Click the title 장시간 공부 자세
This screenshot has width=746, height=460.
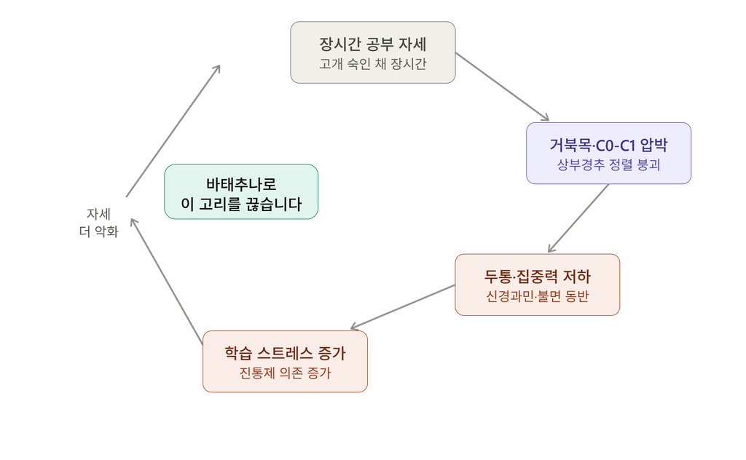pyautogui.click(x=372, y=44)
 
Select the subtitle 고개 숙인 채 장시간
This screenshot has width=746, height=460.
pyautogui.click(x=372, y=63)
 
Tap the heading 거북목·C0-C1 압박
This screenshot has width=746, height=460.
pyautogui.click(x=608, y=145)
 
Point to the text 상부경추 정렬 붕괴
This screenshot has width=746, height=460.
pyautogui.click(x=608, y=165)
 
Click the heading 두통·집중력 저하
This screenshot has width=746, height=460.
pyautogui.click(x=537, y=276)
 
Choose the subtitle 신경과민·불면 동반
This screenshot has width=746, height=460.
pyautogui.click(x=537, y=296)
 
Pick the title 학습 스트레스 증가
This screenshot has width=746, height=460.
pyautogui.click(x=285, y=353)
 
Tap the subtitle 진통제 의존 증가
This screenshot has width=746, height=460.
pyautogui.click(x=285, y=373)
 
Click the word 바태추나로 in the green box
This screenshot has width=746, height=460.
pyautogui.click(x=241, y=184)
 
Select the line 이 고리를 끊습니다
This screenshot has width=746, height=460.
pyautogui.click(x=241, y=205)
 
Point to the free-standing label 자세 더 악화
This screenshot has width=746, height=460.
pyautogui.click(x=98, y=223)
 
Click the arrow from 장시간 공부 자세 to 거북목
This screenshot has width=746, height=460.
pyautogui.click(x=503, y=87)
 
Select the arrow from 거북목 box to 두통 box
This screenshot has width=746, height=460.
pyautogui.click(x=578, y=218)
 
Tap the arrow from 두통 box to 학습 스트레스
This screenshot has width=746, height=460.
pyautogui.click(x=402, y=307)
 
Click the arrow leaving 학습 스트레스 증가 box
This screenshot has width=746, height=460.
pyautogui.click(x=167, y=281)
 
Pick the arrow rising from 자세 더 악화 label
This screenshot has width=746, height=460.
pyautogui.click(x=173, y=131)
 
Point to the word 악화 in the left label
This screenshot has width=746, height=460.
pyautogui.click(x=106, y=231)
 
